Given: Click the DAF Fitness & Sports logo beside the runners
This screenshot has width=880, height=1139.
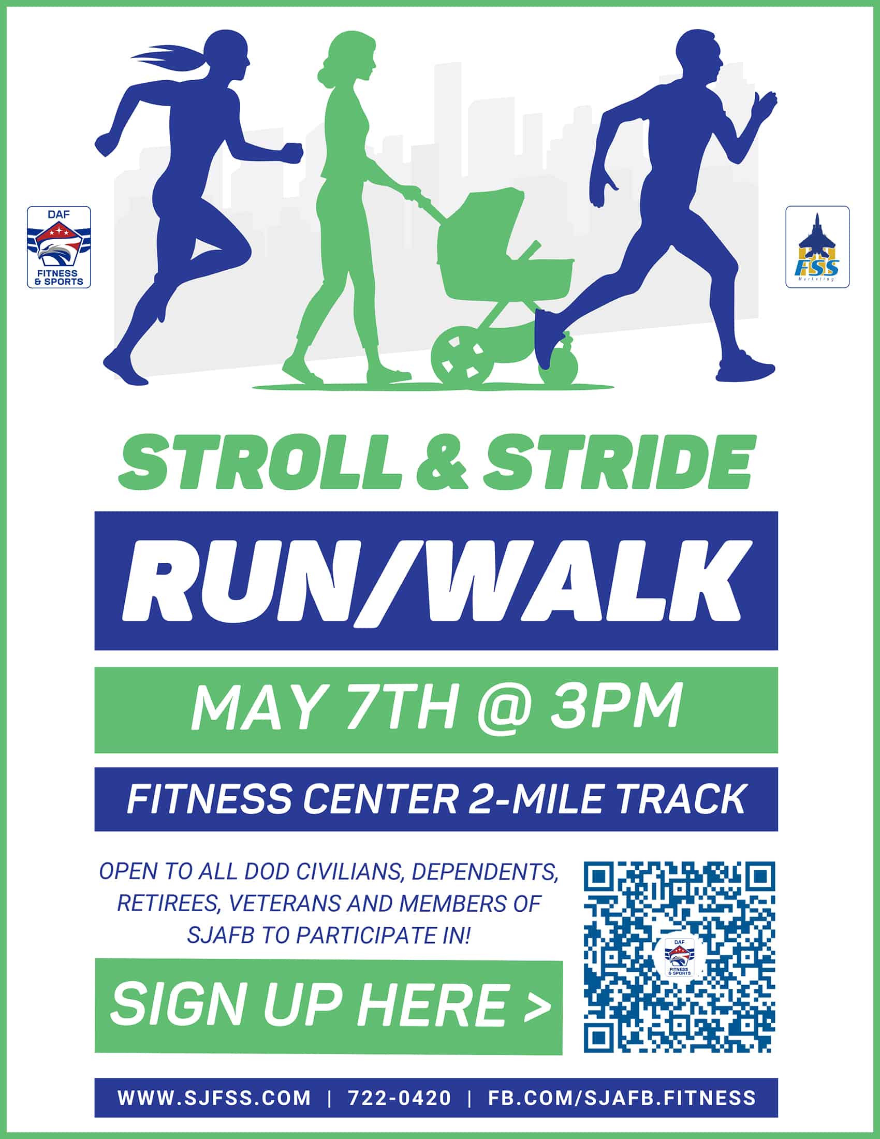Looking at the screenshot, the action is pyautogui.click(x=59, y=247).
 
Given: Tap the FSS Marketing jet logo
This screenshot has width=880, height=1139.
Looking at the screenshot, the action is pyautogui.click(x=817, y=247).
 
